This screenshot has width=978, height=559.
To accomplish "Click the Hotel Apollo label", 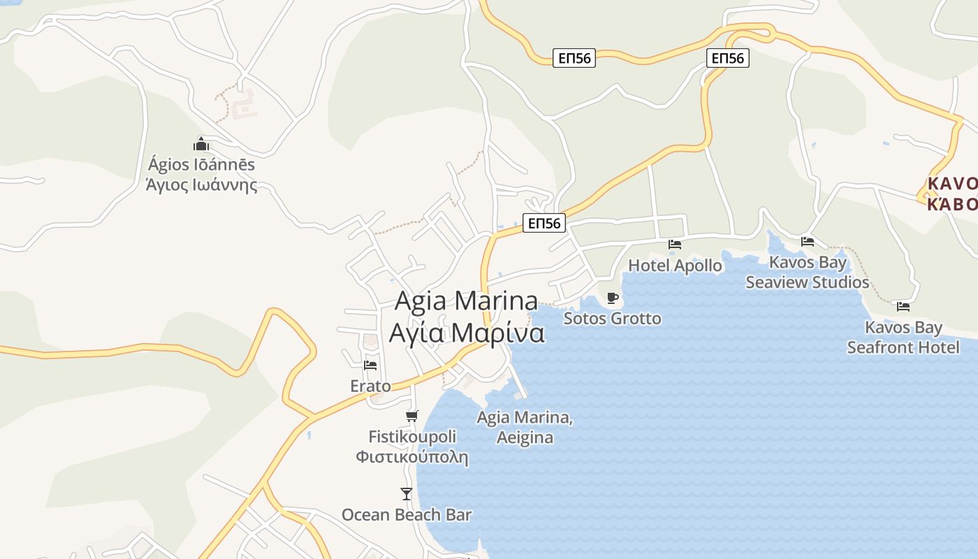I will pyautogui.click(x=675, y=266).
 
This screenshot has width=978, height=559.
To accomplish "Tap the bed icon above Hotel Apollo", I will pyautogui.click(x=675, y=244).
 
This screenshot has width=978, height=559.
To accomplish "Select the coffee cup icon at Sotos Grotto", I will pyautogui.click(x=613, y=298).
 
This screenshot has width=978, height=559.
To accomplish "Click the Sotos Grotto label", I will pyautogui.click(x=612, y=319).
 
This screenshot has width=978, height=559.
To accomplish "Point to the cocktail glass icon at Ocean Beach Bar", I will pyautogui.click(x=407, y=494).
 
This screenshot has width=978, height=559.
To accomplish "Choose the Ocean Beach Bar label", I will pyautogui.click(x=407, y=515).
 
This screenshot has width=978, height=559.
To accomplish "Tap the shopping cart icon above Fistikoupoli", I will pyautogui.click(x=412, y=416).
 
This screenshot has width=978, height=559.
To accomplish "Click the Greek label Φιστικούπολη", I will pyautogui.click(x=412, y=458).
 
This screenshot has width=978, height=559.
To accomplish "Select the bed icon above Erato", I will pyautogui.click(x=370, y=364).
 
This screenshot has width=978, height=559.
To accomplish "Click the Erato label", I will pyautogui.click(x=370, y=386).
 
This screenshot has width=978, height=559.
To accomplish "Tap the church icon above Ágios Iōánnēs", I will pyautogui.click(x=201, y=145).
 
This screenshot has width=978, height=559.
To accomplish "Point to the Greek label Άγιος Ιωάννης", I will pyautogui.click(x=201, y=185).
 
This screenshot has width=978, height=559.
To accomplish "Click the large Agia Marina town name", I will pyautogui.click(x=467, y=300).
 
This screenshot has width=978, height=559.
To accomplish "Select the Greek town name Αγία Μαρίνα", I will pyautogui.click(x=467, y=333).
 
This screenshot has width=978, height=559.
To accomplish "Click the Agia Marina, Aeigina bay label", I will pyautogui.click(x=525, y=428).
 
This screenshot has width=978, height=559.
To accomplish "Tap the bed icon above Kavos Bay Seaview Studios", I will pyautogui.click(x=808, y=242).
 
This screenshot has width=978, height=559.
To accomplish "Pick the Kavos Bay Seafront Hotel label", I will pyautogui.click(x=903, y=337).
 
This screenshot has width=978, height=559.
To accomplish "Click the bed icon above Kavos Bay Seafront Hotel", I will pyautogui.click(x=903, y=306).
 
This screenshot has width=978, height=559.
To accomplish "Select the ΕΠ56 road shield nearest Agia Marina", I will pyautogui.click(x=544, y=224).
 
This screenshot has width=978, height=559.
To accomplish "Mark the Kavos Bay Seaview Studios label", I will pyautogui.click(x=808, y=273).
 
